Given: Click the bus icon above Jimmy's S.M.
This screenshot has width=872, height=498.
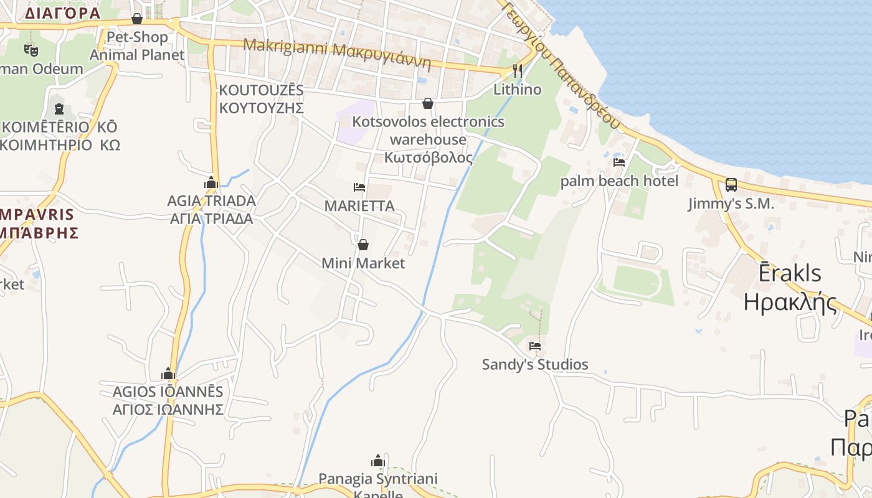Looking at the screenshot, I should (731, 185).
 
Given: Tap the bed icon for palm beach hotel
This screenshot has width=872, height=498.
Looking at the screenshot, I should (618, 162).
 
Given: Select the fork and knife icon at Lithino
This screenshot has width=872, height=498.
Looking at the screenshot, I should (518, 70).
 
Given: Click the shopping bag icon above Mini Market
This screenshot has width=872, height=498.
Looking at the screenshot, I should (363, 245).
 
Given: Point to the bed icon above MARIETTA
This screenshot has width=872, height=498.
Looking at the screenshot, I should (359, 187).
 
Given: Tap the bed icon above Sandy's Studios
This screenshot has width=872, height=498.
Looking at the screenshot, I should (534, 345).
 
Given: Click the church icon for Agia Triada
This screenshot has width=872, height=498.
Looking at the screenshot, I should (211, 182).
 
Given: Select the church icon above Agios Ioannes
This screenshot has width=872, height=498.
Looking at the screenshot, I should (168, 374).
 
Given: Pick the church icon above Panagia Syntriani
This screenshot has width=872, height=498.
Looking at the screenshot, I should (377, 461).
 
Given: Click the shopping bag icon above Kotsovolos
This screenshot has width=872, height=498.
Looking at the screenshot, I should (428, 103).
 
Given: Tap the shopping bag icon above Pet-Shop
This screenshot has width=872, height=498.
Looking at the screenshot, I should (137, 19).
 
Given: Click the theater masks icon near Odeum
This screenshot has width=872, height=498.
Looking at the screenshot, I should (31, 50).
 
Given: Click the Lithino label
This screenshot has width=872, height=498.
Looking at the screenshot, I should (518, 89).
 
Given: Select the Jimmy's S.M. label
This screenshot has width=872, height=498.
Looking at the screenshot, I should (731, 204).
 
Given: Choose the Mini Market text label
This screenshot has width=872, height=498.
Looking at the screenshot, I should (363, 263).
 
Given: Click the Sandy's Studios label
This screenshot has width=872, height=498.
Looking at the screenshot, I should (535, 364).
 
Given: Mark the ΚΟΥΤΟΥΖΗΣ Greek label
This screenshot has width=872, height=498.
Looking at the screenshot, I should (261, 108).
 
